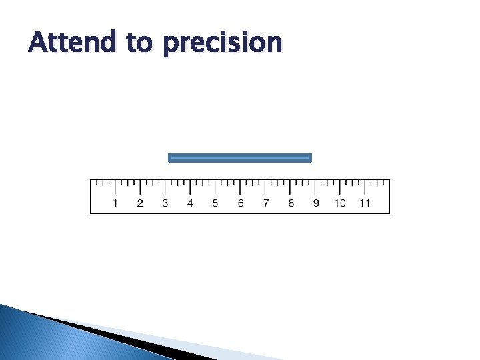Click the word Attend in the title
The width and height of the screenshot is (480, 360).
[x=72, y=43]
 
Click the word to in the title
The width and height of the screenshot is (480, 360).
[x=139, y=43]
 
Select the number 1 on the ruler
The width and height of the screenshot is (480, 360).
[x=115, y=203]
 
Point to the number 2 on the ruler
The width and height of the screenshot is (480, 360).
[x=140, y=203]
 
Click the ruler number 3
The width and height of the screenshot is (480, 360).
[x=165, y=203]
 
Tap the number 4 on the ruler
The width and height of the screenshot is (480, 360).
[x=190, y=203]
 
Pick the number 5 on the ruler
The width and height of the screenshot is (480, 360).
[x=215, y=203]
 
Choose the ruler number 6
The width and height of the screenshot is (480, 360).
[x=240, y=203]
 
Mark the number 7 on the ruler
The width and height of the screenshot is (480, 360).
[x=265, y=203]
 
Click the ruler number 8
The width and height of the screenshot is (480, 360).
[x=290, y=203]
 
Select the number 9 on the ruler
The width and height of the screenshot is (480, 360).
[x=315, y=203]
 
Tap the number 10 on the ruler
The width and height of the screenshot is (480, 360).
[x=340, y=203]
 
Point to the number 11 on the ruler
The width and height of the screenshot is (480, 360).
[x=365, y=203]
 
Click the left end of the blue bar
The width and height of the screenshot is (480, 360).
[x=169, y=158]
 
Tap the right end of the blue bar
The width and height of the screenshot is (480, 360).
[x=310, y=158]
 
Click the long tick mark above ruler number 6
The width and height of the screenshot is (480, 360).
[x=240, y=187]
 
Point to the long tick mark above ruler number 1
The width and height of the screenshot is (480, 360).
[x=115, y=187]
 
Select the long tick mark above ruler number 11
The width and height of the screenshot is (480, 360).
[x=365, y=187]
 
